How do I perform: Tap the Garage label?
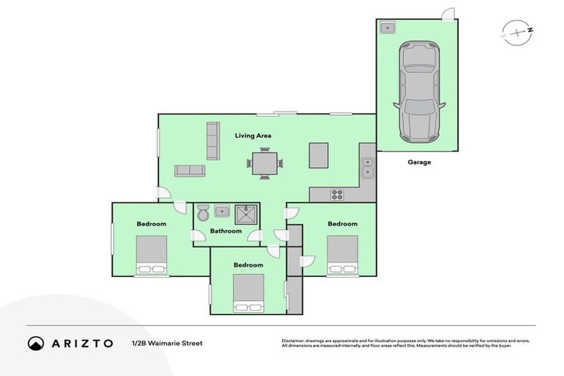pyautogui.click(x=419, y=162)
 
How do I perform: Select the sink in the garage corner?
pyautogui.click(x=388, y=28)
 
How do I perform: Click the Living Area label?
pyautogui.click(x=253, y=136)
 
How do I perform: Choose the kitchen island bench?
pyautogui.click(x=318, y=155)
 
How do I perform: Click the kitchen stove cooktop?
pyautogui.click(x=337, y=195)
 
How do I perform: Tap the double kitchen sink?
pyautogui.click(x=367, y=168)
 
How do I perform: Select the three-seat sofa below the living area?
pyautogui.click(x=189, y=170)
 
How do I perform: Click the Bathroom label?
pyautogui.click(x=225, y=231)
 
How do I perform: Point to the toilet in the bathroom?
pyautogui.click(x=203, y=212)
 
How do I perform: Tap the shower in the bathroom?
pyautogui.click(x=245, y=214)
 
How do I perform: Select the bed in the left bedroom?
pyautogui.click(x=151, y=255)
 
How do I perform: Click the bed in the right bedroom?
pyautogui.click(x=342, y=254)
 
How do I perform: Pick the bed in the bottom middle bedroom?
pyautogui.click(x=249, y=293)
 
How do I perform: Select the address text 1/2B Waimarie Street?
pyautogui.click(x=167, y=343)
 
